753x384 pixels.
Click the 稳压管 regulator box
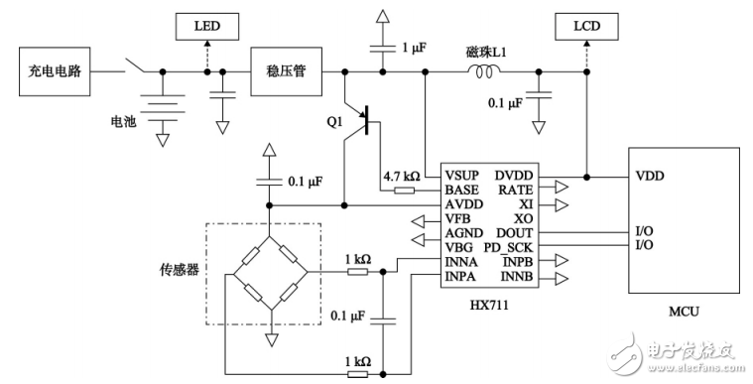click(x=285, y=72)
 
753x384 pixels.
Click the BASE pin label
click(x=461, y=190)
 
